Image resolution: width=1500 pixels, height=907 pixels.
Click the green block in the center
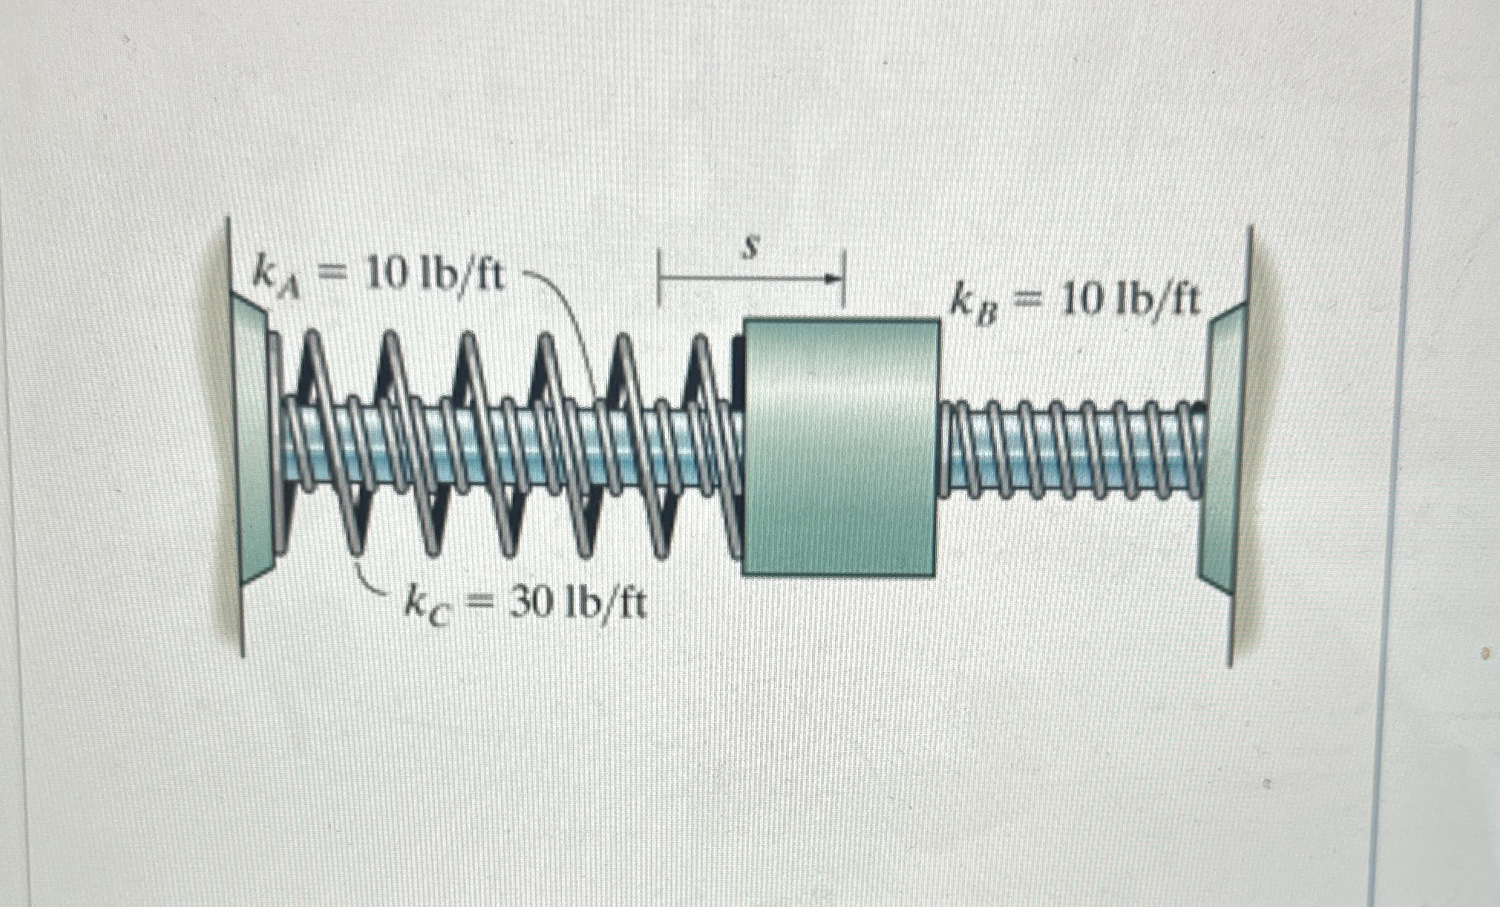[840, 448]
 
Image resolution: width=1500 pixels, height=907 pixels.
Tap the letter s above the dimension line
[752, 249]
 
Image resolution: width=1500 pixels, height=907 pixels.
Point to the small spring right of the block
[1071, 448]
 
